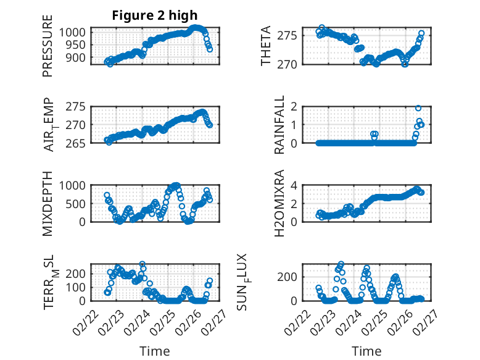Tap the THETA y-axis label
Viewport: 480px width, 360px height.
pyautogui.click(x=266, y=46)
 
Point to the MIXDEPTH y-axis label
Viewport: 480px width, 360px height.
pyautogui.click(x=48, y=203)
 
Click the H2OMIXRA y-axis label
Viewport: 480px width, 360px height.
pyautogui.click(x=279, y=203)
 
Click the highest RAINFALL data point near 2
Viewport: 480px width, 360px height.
pyautogui.click(x=418, y=108)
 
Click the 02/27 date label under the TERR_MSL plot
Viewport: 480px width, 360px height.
pyautogui.click(x=209, y=321)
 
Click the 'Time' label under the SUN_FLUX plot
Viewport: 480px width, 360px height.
pyautogui.click(x=366, y=351)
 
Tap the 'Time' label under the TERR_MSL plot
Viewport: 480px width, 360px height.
pyautogui.click(x=155, y=351)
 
